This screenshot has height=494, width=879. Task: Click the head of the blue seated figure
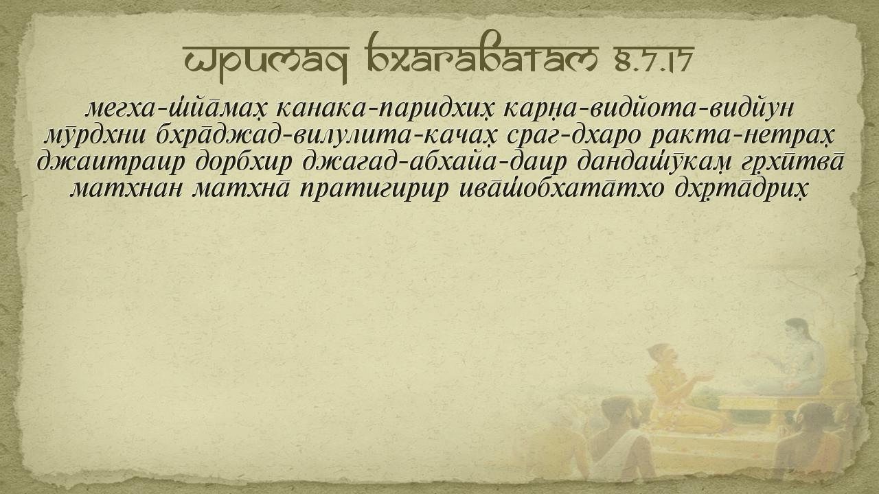(795, 331)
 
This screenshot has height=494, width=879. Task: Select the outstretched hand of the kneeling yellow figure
(705, 377)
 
